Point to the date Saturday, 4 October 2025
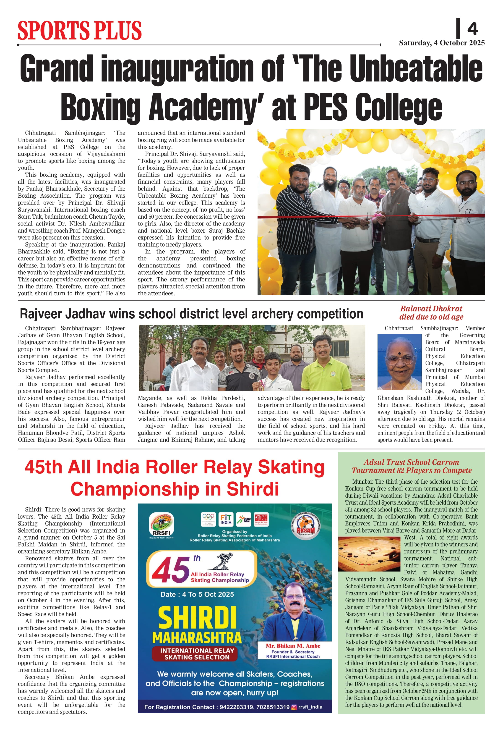click(441, 43)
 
